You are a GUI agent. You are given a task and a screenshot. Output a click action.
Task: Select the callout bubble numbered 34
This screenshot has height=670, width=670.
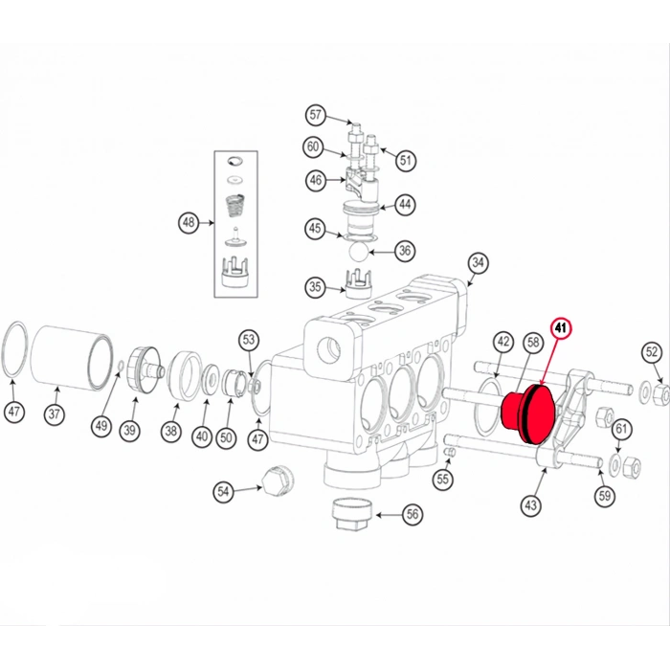[479, 262]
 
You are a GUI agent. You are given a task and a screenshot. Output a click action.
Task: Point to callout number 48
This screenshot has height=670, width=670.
[189, 223]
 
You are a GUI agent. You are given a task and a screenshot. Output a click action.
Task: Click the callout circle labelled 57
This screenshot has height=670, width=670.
[315, 116]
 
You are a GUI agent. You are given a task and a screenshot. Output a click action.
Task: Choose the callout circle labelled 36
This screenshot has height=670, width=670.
[405, 251]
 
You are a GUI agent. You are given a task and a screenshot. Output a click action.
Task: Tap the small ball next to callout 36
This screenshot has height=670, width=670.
[358, 251]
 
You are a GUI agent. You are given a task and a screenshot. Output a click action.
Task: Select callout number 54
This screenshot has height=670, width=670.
[224, 491]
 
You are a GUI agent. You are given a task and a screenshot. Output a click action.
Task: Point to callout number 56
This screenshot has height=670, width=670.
[412, 514]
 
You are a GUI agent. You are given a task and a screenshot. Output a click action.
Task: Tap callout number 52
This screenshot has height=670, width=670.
[652, 352]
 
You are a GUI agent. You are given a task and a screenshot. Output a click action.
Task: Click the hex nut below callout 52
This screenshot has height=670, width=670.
[658, 394]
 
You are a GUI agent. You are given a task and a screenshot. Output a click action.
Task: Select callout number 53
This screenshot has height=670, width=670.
[249, 339]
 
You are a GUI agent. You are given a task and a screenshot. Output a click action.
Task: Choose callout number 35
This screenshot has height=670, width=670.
[315, 286]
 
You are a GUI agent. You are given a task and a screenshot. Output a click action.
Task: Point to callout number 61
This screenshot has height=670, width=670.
[621, 429]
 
